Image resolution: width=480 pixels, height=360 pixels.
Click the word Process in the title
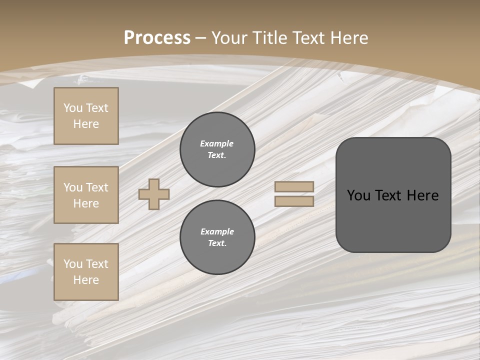(157, 38)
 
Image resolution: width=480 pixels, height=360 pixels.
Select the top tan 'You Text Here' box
(86, 116)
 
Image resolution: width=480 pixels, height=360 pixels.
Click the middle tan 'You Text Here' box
(86, 195)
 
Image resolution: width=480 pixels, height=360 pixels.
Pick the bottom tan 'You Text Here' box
(86, 272)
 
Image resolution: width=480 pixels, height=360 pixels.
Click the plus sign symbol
(154, 194)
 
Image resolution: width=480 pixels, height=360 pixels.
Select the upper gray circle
(217, 149)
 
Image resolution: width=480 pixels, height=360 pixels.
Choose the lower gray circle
(217, 237)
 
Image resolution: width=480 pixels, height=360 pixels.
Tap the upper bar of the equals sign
(294, 186)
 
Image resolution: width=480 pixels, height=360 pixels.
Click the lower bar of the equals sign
(294, 201)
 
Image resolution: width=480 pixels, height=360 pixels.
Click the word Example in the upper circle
(216, 143)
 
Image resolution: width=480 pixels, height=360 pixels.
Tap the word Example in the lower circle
(217, 231)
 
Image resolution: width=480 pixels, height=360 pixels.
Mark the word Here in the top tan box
(86, 124)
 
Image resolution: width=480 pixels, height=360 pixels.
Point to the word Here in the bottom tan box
(86, 280)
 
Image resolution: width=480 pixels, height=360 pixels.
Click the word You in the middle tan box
(72, 187)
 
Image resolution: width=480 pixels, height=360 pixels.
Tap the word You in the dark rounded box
(358, 195)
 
